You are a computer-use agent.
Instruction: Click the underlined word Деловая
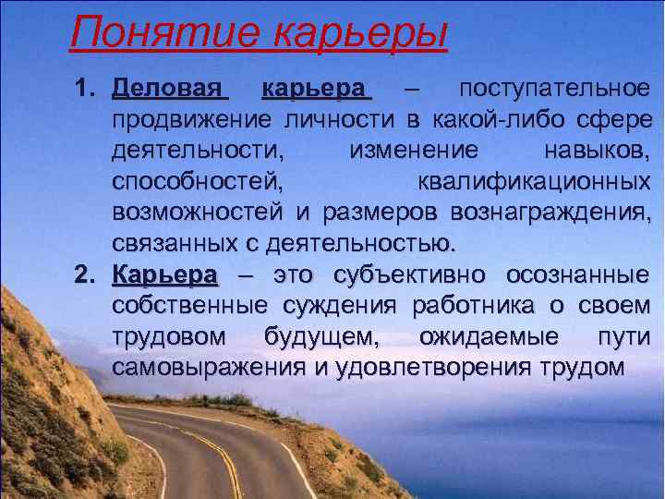point(169,90)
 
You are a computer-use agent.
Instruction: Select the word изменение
point(414,151)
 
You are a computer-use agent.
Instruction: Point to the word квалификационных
point(533,182)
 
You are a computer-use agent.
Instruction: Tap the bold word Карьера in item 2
point(165,275)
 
